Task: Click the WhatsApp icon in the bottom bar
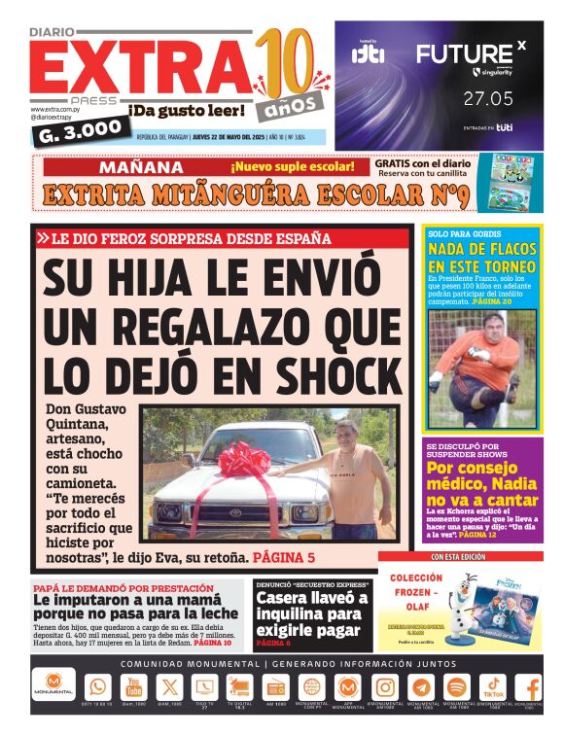pos(98,686)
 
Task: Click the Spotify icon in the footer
pos(456,686)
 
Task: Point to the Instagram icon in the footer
pos(384,686)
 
